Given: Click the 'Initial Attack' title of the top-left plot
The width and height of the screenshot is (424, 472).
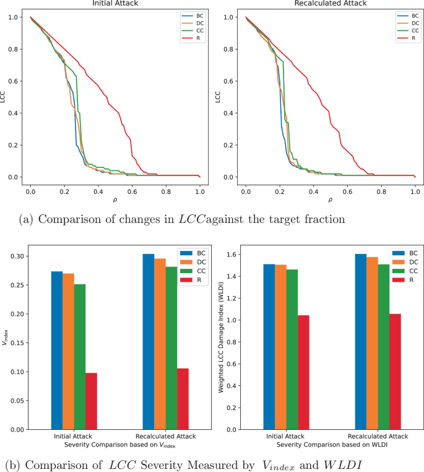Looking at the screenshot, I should (115, 4).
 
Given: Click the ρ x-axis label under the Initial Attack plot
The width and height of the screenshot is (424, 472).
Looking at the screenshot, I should (115, 201).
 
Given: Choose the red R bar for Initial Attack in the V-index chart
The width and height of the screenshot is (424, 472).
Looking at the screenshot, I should (91, 401).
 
